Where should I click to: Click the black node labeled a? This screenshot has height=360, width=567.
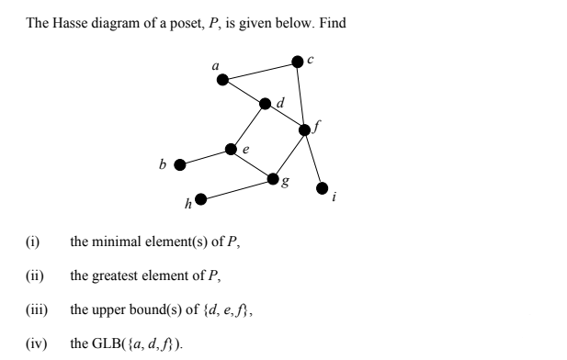[222, 80]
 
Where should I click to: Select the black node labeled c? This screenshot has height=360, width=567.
[297, 61]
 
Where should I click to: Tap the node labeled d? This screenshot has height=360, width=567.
[266, 104]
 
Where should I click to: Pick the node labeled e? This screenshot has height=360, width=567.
[232, 149]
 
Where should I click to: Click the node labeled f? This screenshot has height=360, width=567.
[305, 129]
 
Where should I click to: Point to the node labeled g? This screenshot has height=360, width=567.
[273, 178]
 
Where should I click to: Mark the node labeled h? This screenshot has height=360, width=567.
[199, 198]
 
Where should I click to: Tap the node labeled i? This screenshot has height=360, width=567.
[322, 188]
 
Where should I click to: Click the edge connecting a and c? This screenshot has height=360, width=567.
[259, 71]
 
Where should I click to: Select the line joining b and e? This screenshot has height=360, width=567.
[206, 157]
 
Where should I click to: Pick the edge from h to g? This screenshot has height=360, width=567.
[236, 188]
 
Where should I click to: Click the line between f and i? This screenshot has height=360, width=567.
[313, 159]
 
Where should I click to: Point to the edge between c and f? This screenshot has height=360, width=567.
[301, 95]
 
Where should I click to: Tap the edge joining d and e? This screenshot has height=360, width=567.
[248, 127]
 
